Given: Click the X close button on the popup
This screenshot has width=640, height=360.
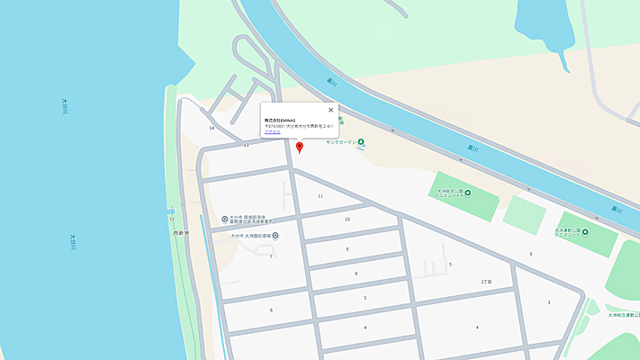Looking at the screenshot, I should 330,110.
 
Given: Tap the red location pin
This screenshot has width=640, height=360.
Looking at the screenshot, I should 300,146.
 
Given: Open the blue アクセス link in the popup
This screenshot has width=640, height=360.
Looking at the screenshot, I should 272,132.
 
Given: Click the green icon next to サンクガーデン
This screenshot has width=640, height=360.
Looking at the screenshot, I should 361,142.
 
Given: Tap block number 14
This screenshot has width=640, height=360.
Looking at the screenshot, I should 212,128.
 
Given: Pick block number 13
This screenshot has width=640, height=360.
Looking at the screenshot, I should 246,144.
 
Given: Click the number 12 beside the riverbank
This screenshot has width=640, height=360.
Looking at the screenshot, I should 171,219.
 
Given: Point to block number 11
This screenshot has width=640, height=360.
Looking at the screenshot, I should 320,195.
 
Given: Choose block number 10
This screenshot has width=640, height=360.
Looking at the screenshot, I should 347,219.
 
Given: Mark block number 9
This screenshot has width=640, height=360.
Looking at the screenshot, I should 347,249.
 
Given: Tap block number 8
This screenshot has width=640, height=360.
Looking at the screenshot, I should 356,274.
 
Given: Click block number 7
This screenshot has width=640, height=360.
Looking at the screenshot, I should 270,256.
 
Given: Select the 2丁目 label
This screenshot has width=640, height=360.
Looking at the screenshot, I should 486,282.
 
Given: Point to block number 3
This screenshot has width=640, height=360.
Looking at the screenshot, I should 548,302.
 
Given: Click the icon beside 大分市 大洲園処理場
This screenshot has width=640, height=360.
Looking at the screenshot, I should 275,236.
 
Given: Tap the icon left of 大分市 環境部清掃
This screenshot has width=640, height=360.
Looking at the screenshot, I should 225,219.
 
